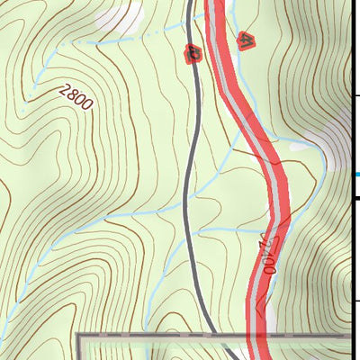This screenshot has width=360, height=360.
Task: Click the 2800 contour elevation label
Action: (73, 96)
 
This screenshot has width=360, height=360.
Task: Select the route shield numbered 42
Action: (193, 53)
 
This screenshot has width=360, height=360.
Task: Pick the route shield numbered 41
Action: (244, 40)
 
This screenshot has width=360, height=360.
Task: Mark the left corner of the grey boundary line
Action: (78, 336)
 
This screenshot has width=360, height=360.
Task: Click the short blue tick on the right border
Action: (356, 175)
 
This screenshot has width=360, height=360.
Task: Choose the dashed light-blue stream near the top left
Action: (108, 40)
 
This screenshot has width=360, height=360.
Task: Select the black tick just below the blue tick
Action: (355, 199)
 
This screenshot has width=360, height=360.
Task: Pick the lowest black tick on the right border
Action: (355, 301)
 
